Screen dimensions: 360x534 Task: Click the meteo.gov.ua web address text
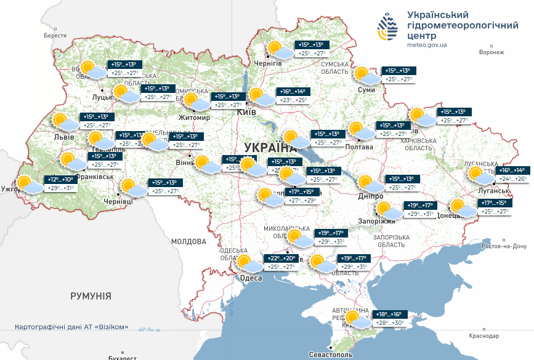[x=427, y=44]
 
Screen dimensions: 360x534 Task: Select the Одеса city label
[x=251, y=278]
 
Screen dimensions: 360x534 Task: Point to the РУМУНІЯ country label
[x=91, y=296]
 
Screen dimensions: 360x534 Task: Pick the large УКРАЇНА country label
[x=269, y=148]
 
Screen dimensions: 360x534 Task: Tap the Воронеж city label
[x=491, y=52]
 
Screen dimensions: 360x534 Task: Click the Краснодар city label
[x=482, y=335]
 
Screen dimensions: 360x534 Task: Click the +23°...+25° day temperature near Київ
[x=293, y=100]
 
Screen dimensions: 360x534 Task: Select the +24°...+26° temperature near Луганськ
[x=512, y=179]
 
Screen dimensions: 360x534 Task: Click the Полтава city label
[x=360, y=147]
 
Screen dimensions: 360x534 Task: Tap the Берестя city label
[x=55, y=36]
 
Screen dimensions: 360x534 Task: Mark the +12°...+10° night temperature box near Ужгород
[x=60, y=180]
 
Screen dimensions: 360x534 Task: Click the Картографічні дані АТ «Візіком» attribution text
[x=71, y=327]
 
